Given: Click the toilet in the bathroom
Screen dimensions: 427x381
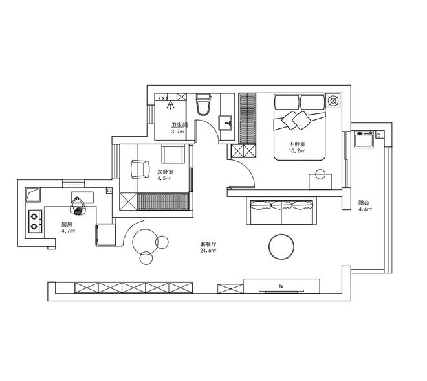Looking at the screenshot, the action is (x=204, y=104).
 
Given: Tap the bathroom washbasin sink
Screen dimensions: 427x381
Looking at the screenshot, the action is (x=225, y=123).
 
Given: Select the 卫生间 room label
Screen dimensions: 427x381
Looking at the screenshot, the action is (x=179, y=125).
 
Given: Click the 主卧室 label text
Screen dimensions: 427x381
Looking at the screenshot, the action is (x=297, y=144).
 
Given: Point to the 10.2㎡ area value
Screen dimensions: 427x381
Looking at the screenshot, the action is (x=297, y=150).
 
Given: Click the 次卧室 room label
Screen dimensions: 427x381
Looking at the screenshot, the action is (x=166, y=172).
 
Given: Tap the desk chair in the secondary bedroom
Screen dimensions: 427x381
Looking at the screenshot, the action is (x=140, y=169).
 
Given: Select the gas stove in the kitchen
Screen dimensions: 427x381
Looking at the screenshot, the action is (x=36, y=222).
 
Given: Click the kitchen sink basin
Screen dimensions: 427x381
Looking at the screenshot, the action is (x=33, y=194).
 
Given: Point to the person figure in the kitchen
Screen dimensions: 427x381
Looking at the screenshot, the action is (x=78, y=207).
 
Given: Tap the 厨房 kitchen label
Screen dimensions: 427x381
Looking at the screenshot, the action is (x=67, y=225).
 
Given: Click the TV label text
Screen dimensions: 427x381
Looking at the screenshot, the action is (x=281, y=286).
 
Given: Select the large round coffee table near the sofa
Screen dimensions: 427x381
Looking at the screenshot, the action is (x=281, y=246).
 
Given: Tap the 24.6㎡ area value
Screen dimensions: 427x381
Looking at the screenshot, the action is (x=208, y=250).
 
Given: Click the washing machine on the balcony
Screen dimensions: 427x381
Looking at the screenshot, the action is (x=364, y=139).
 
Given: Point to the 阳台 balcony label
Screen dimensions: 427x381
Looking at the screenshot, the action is (x=364, y=203).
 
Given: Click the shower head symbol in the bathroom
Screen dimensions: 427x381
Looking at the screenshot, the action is (x=170, y=104).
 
